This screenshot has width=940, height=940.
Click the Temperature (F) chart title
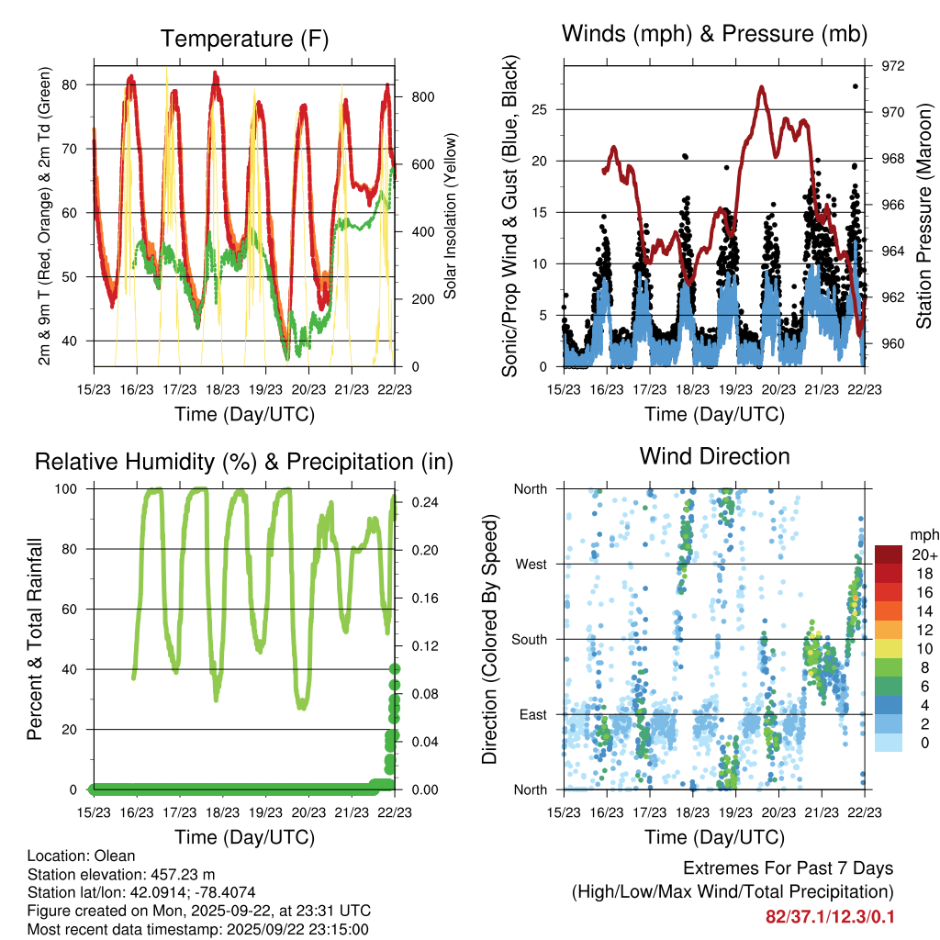(x=243, y=39)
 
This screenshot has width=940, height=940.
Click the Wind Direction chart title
(x=714, y=456)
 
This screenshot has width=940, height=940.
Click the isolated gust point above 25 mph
(x=855, y=86)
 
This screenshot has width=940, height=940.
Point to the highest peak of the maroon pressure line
(x=762, y=88)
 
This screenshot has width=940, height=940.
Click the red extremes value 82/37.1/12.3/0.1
(x=830, y=916)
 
